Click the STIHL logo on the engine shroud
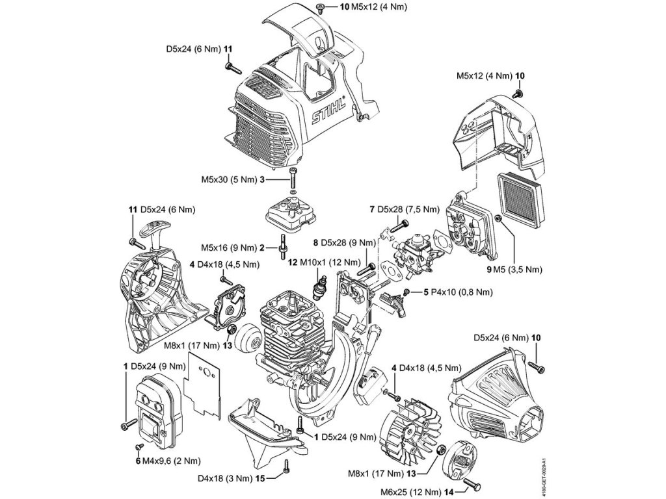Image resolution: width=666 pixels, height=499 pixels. click(328, 112)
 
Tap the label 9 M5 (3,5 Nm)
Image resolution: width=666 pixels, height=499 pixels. click(514, 269)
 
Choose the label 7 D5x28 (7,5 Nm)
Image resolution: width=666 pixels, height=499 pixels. click(405, 209)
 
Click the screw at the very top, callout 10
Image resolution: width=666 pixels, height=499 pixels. click(320, 6)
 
